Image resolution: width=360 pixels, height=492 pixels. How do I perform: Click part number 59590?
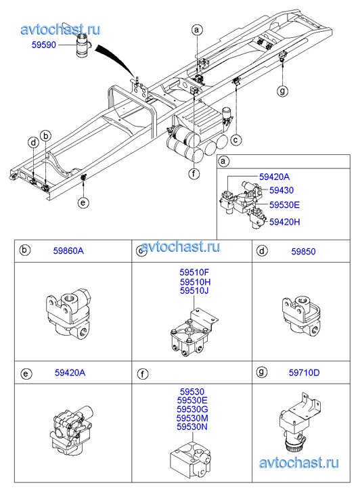click(43, 45)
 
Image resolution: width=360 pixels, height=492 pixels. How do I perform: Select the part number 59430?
click(282, 190)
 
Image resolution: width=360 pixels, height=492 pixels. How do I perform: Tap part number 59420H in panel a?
click(285, 222)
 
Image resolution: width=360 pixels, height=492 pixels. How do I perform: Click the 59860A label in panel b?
click(68, 251)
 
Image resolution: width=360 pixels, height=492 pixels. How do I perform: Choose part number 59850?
click(303, 252)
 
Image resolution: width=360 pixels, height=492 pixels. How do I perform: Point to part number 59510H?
click(195, 282)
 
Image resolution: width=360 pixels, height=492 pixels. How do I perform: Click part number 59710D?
click(304, 373)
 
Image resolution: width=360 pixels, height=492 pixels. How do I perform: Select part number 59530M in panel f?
click(192, 418)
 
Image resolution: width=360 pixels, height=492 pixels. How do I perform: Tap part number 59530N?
click(192, 427)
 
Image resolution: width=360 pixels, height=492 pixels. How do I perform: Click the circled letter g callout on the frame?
click(282, 91)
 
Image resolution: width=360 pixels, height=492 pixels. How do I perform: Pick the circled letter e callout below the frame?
click(83, 203)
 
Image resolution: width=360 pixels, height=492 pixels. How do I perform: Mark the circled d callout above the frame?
click(33, 143)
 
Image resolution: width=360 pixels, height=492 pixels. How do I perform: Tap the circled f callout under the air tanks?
click(194, 173)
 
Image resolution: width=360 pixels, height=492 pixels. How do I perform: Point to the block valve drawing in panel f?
click(191, 460)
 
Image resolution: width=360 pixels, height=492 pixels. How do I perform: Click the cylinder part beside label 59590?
click(83, 46)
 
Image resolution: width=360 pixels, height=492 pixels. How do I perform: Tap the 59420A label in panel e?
click(70, 373)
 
